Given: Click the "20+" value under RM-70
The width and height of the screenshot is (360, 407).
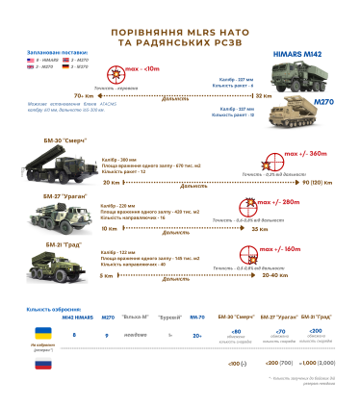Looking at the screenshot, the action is [x=197, y=335].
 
